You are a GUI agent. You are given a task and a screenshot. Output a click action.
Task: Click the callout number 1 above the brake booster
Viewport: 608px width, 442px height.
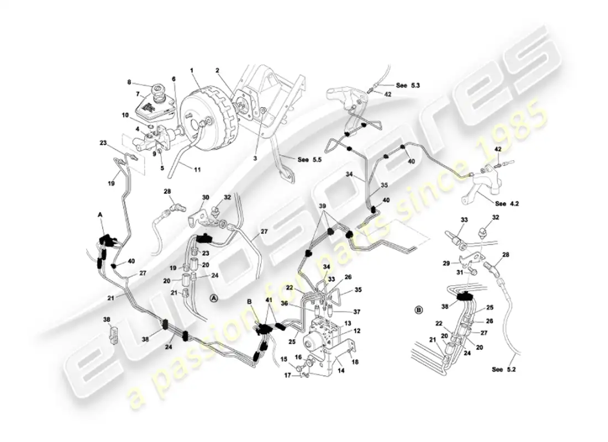point(192,71)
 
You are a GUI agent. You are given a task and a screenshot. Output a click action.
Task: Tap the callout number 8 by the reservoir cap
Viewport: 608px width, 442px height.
point(129,82)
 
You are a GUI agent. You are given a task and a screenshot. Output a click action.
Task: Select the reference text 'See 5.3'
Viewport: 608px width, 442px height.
point(408,86)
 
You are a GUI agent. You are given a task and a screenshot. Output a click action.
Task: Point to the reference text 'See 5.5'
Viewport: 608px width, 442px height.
point(310,160)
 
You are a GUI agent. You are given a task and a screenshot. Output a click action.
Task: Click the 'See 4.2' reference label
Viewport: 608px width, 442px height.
point(507,203)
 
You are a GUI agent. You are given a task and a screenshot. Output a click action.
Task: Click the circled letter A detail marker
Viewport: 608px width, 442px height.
point(214,298)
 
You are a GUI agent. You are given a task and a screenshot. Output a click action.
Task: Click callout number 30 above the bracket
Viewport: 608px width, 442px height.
point(206,197)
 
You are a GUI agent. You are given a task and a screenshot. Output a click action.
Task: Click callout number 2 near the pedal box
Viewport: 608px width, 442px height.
point(218,71)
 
